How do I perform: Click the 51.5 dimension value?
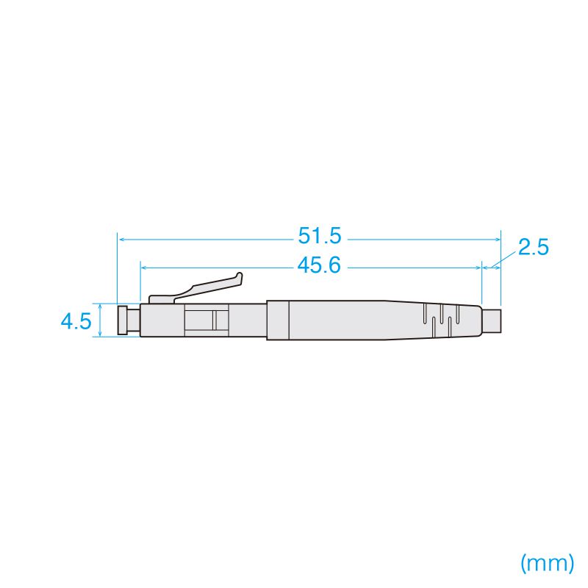[x=320, y=236]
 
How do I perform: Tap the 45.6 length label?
[x=319, y=265]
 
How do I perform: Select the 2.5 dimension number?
[x=534, y=247]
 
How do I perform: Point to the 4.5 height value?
[x=76, y=321]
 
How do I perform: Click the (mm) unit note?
[x=547, y=563]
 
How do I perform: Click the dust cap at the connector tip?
[x=122, y=320]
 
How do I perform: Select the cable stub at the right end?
[x=492, y=321]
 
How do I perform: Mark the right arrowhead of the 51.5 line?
[x=498, y=240]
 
